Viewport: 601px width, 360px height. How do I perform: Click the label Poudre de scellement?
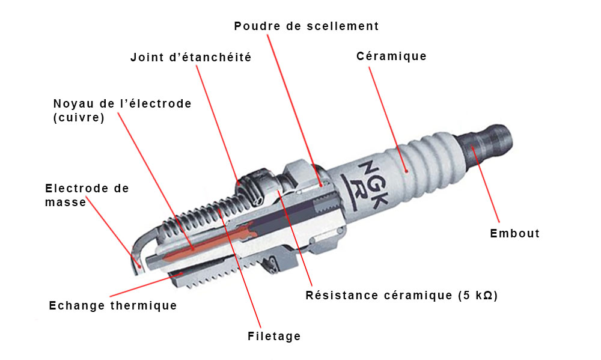(307, 26)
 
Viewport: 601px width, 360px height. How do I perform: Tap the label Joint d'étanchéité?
(191, 57)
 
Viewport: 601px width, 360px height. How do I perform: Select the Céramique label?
(391, 56)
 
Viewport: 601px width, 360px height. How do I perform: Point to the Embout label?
(515, 233)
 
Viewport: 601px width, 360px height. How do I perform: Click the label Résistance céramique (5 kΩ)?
(401, 296)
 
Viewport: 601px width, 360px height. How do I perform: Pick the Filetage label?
(274, 336)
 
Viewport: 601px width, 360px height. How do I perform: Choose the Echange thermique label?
(113, 305)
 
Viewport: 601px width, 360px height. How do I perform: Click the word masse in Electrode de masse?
(66, 202)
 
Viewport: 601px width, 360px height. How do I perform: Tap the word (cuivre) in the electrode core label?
(79, 117)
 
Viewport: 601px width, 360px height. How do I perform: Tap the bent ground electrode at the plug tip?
(142, 249)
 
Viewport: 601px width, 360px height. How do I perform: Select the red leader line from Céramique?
(388, 119)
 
